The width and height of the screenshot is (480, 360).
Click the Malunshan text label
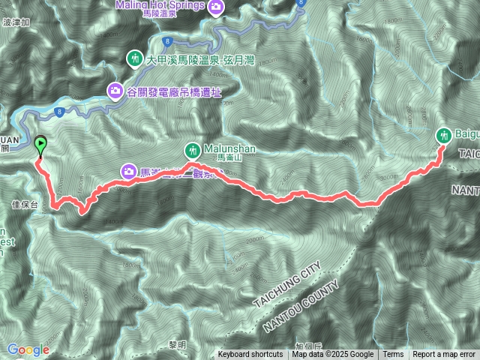click(x=229, y=148)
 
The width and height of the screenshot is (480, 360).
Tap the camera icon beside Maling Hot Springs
click(x=216, y=7)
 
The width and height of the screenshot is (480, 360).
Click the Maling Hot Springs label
click(x=161, y=5)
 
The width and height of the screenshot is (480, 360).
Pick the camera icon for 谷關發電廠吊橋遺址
click(x=115, y=91)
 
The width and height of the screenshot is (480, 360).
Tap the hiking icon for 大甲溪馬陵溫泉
click(x=135, y=57)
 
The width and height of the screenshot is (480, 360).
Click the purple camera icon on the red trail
click(x=129, y=172)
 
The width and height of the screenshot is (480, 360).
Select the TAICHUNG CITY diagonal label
click(x=289, y=283)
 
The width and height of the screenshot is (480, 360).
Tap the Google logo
click(x=28, y=349)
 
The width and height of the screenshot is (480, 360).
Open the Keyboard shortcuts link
click(x=250, y=355)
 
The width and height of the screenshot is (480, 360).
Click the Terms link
click(x=392, y=355)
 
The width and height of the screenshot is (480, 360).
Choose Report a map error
click(x=443, y=355)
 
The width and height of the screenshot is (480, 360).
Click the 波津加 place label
click(x=16, y=22)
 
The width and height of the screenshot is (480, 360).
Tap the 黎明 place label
click(x=178, y=343)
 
